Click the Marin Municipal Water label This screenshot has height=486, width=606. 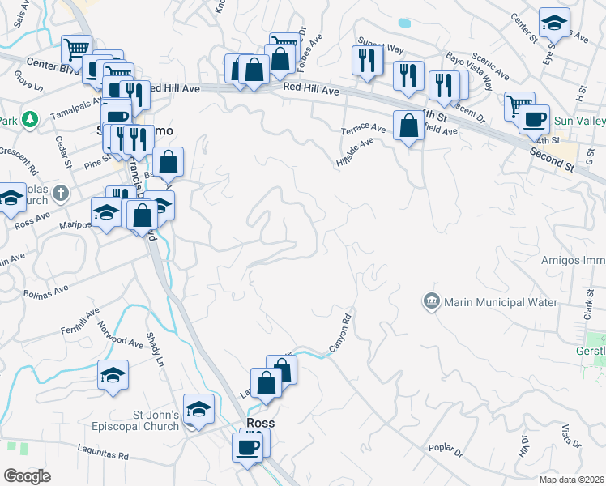[501, 303]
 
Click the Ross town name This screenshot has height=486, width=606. [260, 423]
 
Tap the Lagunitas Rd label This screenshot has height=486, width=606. [100, 456]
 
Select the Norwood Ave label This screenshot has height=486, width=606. [120, 334]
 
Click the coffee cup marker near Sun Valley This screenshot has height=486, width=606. [533, 121]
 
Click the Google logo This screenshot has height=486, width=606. [28, 476]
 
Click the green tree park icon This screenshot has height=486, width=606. [31, 120]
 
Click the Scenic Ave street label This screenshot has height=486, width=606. [489, 68]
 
